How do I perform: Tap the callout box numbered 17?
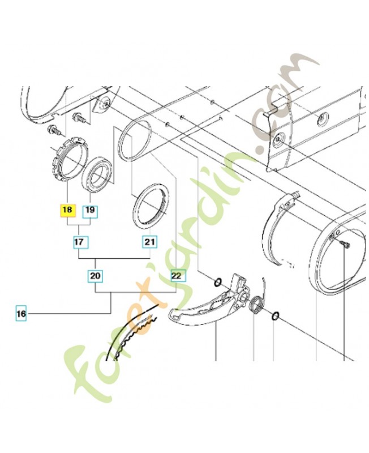(x=79, y=242)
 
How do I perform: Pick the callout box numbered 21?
(x=149, y=242)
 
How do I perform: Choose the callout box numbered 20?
(x=95, y=276)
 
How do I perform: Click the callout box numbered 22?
(x=176, y=276)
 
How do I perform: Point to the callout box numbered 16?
(x=21, y=314)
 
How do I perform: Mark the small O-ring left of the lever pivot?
(x=218, y=282)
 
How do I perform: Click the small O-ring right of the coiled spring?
(x=275, y=316)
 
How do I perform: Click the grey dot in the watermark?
(x=263, y=149)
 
